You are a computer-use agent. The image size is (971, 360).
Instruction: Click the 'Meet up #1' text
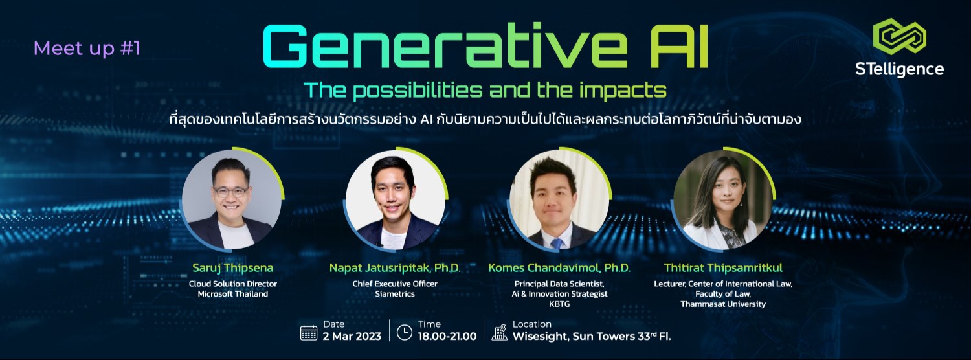[87, 49]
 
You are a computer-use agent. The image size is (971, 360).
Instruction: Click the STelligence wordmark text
[898, 69]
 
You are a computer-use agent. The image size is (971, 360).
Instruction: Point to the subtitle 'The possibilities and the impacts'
[485, 89]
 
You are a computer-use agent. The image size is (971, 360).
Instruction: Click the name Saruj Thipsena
[232, 267]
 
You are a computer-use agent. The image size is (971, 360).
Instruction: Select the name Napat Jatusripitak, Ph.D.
[395, 267]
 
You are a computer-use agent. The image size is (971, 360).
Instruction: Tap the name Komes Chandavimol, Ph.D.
[559, 267]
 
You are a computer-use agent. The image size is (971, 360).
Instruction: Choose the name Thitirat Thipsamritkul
[722, 267]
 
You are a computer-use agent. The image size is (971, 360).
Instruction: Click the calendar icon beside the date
[309, 332]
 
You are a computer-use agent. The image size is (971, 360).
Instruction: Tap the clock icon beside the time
[404, 332]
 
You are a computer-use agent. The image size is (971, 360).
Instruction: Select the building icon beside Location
[500, 332]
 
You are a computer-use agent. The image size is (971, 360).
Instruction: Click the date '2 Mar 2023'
[351, 337]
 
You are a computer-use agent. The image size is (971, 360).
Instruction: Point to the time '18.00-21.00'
[447, 337]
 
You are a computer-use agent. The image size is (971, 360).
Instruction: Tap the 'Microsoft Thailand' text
[232, 294]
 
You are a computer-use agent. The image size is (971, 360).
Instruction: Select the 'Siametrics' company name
[395, 294]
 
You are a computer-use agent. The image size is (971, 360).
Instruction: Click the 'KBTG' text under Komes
[559, 304]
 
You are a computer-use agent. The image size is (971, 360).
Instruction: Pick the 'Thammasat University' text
[722, 304]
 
